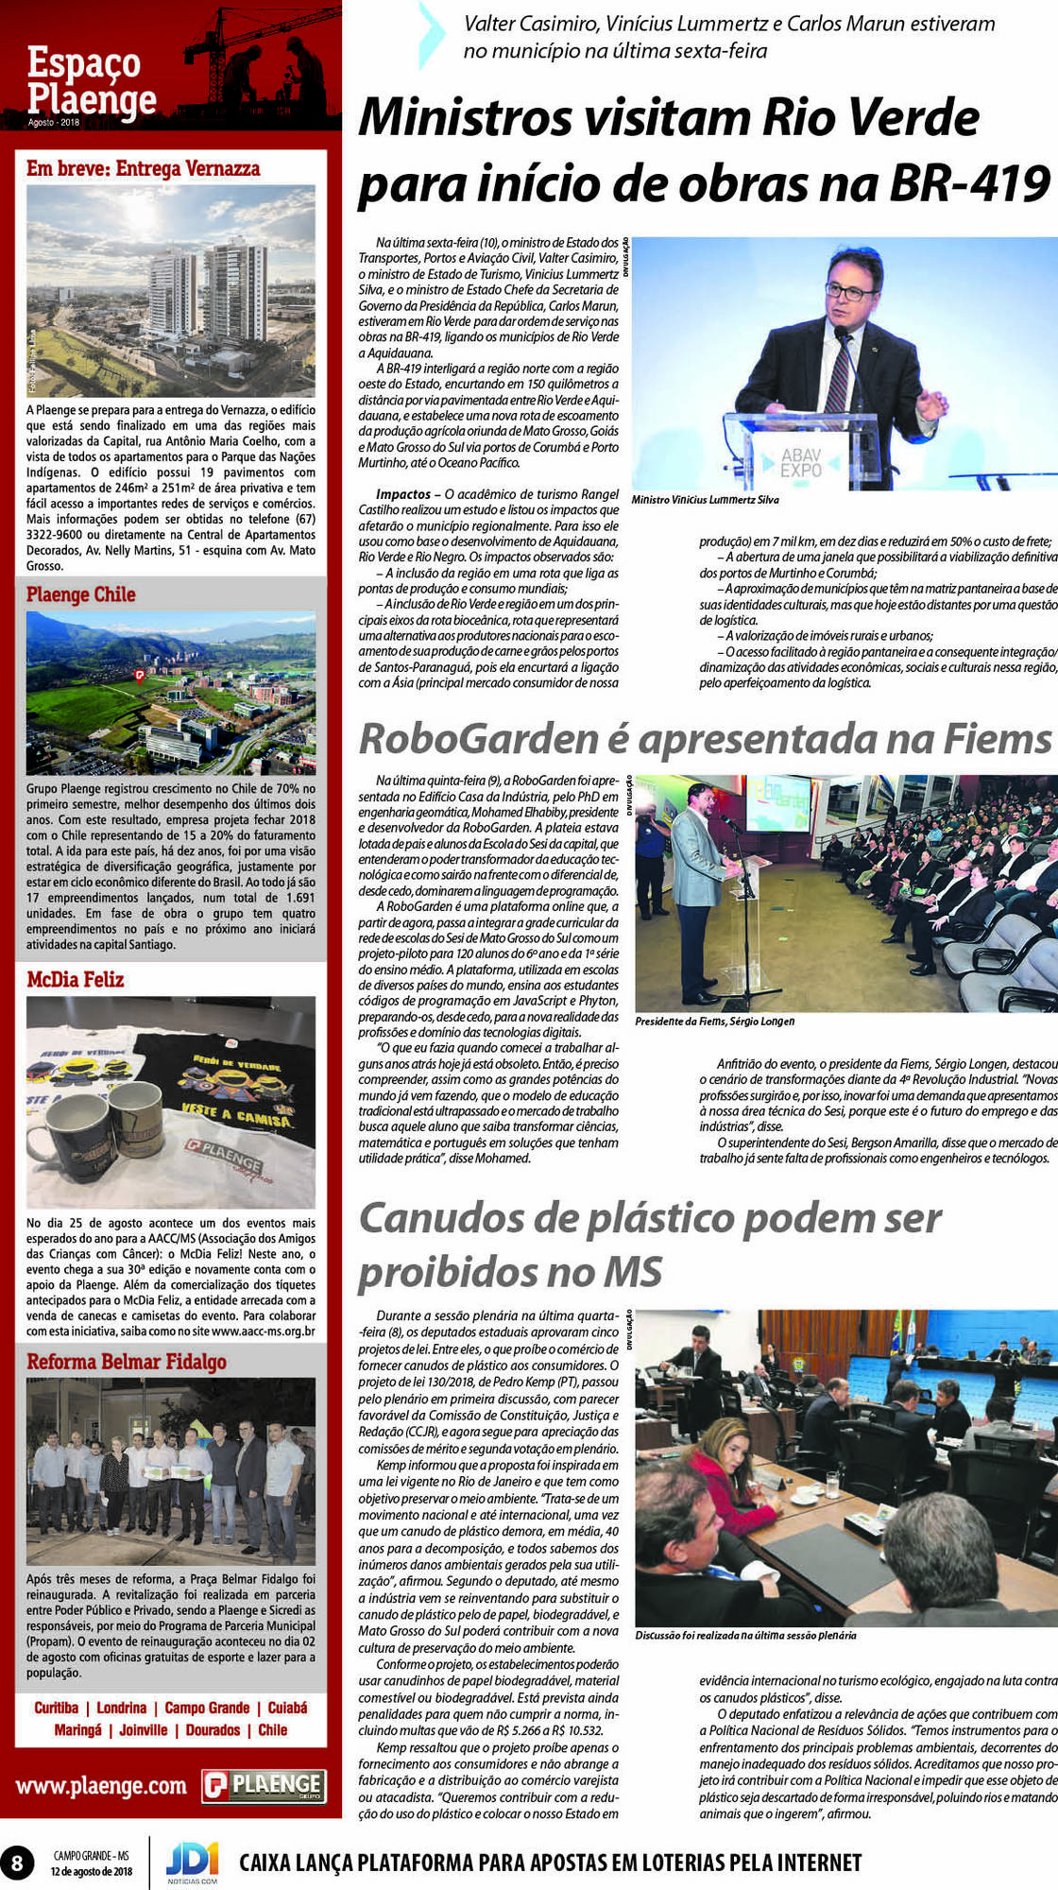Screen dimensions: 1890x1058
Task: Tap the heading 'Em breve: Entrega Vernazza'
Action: (x=144, y=169)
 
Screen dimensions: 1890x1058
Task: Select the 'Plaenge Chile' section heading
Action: (x=81, y=595)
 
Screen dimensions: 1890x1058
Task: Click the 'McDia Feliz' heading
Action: (x=76, y=980)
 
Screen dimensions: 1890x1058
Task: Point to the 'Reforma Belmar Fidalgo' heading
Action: (x=127, y=1362)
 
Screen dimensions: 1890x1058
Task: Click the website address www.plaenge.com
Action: (x=101, y=1786)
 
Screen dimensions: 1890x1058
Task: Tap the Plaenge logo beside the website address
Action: (x=264, y=1785)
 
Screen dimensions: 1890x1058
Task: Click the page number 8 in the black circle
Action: (x=17, y=1863)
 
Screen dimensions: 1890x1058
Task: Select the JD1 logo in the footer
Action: (x=192, y=1859)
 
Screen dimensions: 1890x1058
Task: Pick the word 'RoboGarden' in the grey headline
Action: (x=479, y=739)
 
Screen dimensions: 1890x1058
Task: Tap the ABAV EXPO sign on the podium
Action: (x=801, y=462)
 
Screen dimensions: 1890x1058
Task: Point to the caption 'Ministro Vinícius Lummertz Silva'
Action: (x=705, y=500)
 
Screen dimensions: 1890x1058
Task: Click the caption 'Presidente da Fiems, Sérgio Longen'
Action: (x=714, y=1022)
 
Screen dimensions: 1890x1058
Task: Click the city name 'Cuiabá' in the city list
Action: (x=287, y=1708)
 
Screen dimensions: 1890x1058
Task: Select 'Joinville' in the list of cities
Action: (x=144, y=1730)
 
